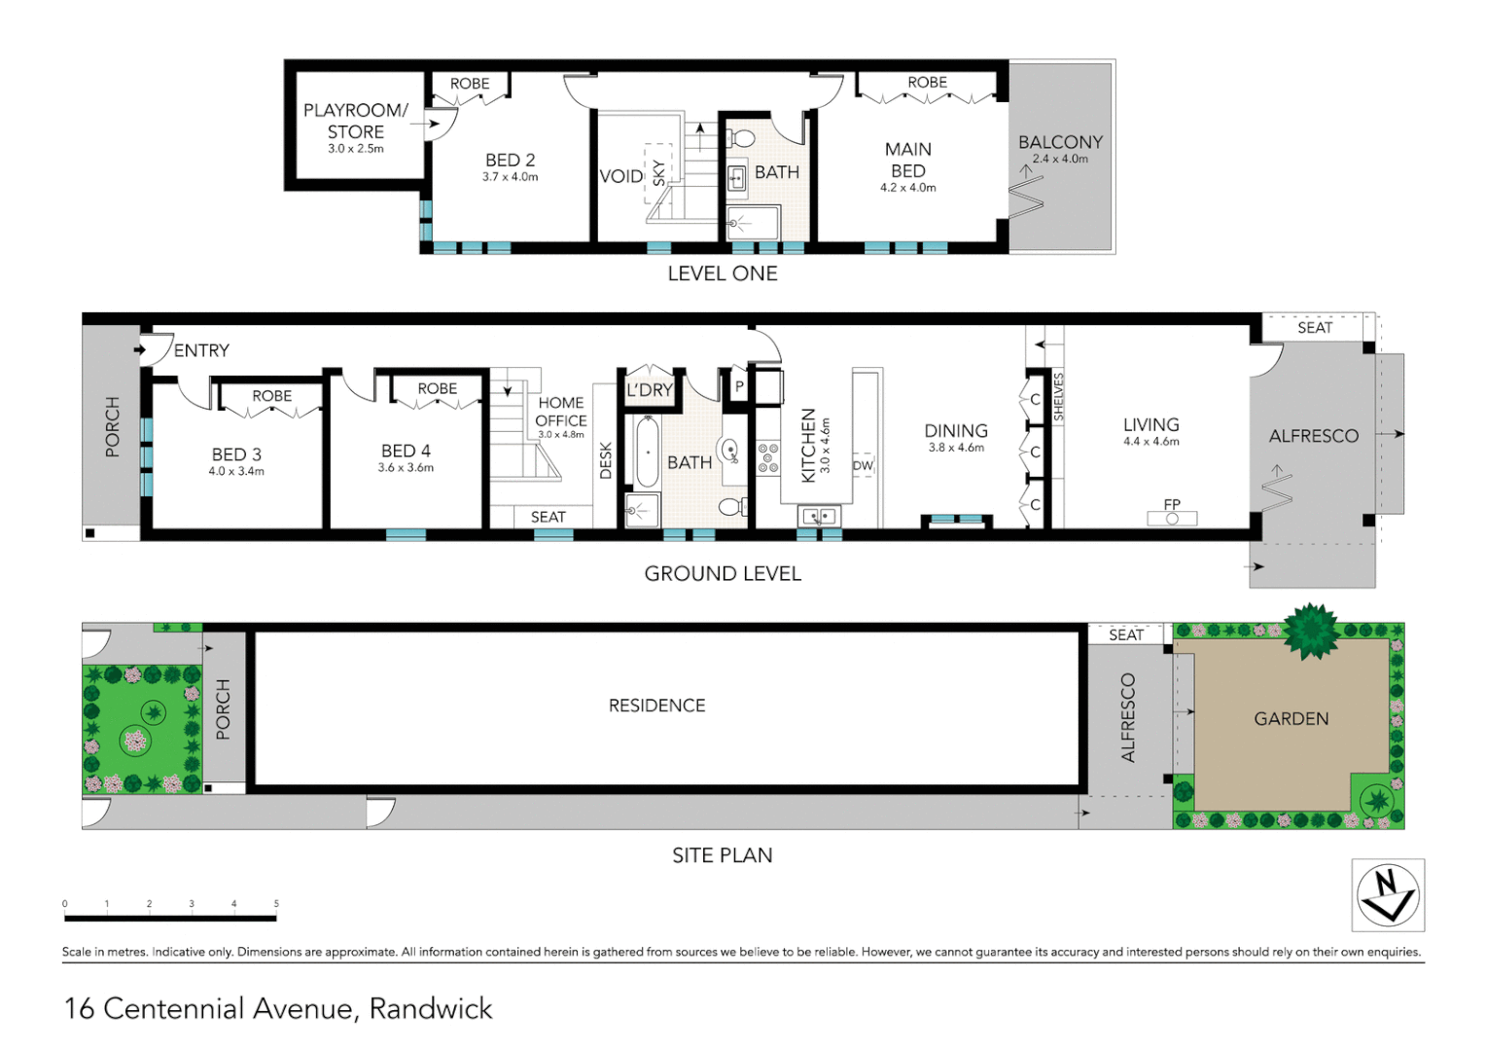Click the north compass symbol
1388,895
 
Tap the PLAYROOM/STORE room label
355,122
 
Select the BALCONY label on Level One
1060,142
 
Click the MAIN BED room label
907,160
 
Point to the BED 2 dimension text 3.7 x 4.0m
510,177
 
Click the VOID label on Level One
620,176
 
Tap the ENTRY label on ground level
201,350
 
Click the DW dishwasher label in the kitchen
863,465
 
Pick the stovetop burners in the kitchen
768,457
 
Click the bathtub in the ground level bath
647,452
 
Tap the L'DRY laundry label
649,390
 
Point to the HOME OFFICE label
561,412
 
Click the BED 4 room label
406,451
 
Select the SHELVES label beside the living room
1059,396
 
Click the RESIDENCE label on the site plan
656,706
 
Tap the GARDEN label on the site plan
1291,719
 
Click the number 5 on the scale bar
276,904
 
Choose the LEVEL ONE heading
723,274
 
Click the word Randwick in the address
431,1009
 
